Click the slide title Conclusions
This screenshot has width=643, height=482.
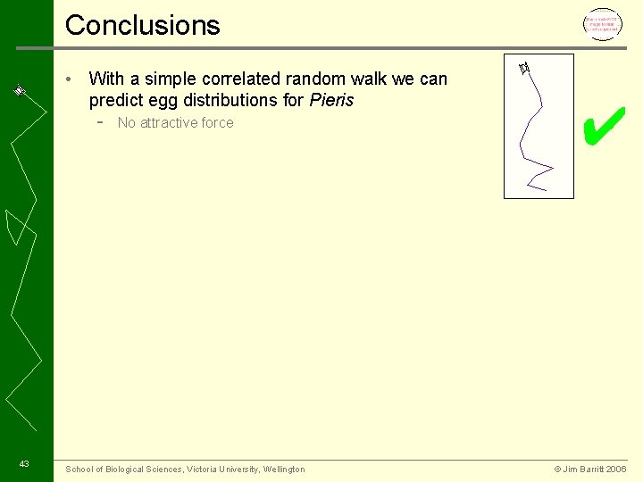click(x=143, y=25)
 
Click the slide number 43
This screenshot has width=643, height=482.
click(x=24, y=463)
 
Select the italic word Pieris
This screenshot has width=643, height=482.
click(x=331, y=100)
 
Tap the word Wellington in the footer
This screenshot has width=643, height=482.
click(x=284, y=470)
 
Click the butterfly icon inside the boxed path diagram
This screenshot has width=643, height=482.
click(x=524, y=67)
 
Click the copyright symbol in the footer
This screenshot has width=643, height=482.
click(x=557, y=470)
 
